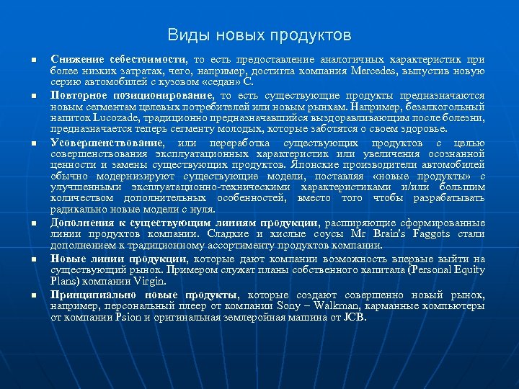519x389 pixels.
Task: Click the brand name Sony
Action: [x=301, y=305]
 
